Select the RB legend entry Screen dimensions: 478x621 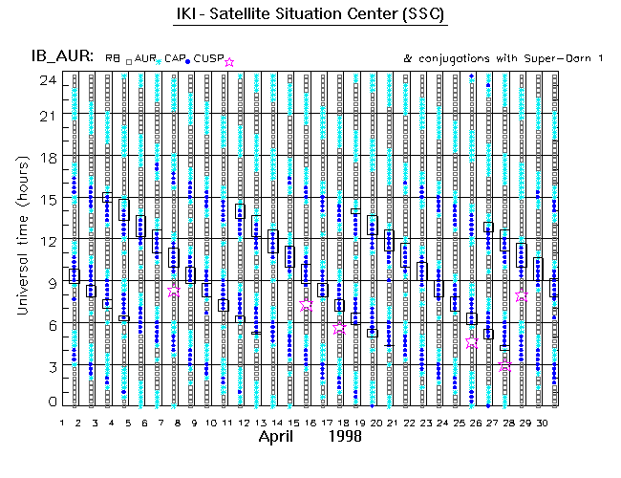point(114,59)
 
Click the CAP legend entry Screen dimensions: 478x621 point(175,59)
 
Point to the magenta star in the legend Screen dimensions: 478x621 point(229,61)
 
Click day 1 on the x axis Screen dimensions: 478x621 point(62,422)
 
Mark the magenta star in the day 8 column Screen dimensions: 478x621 point(174,292)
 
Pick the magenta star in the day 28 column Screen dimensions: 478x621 point(504,365)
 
